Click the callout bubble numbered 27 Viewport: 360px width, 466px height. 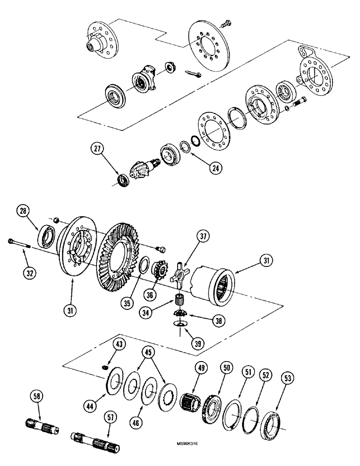pos(97,150)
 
